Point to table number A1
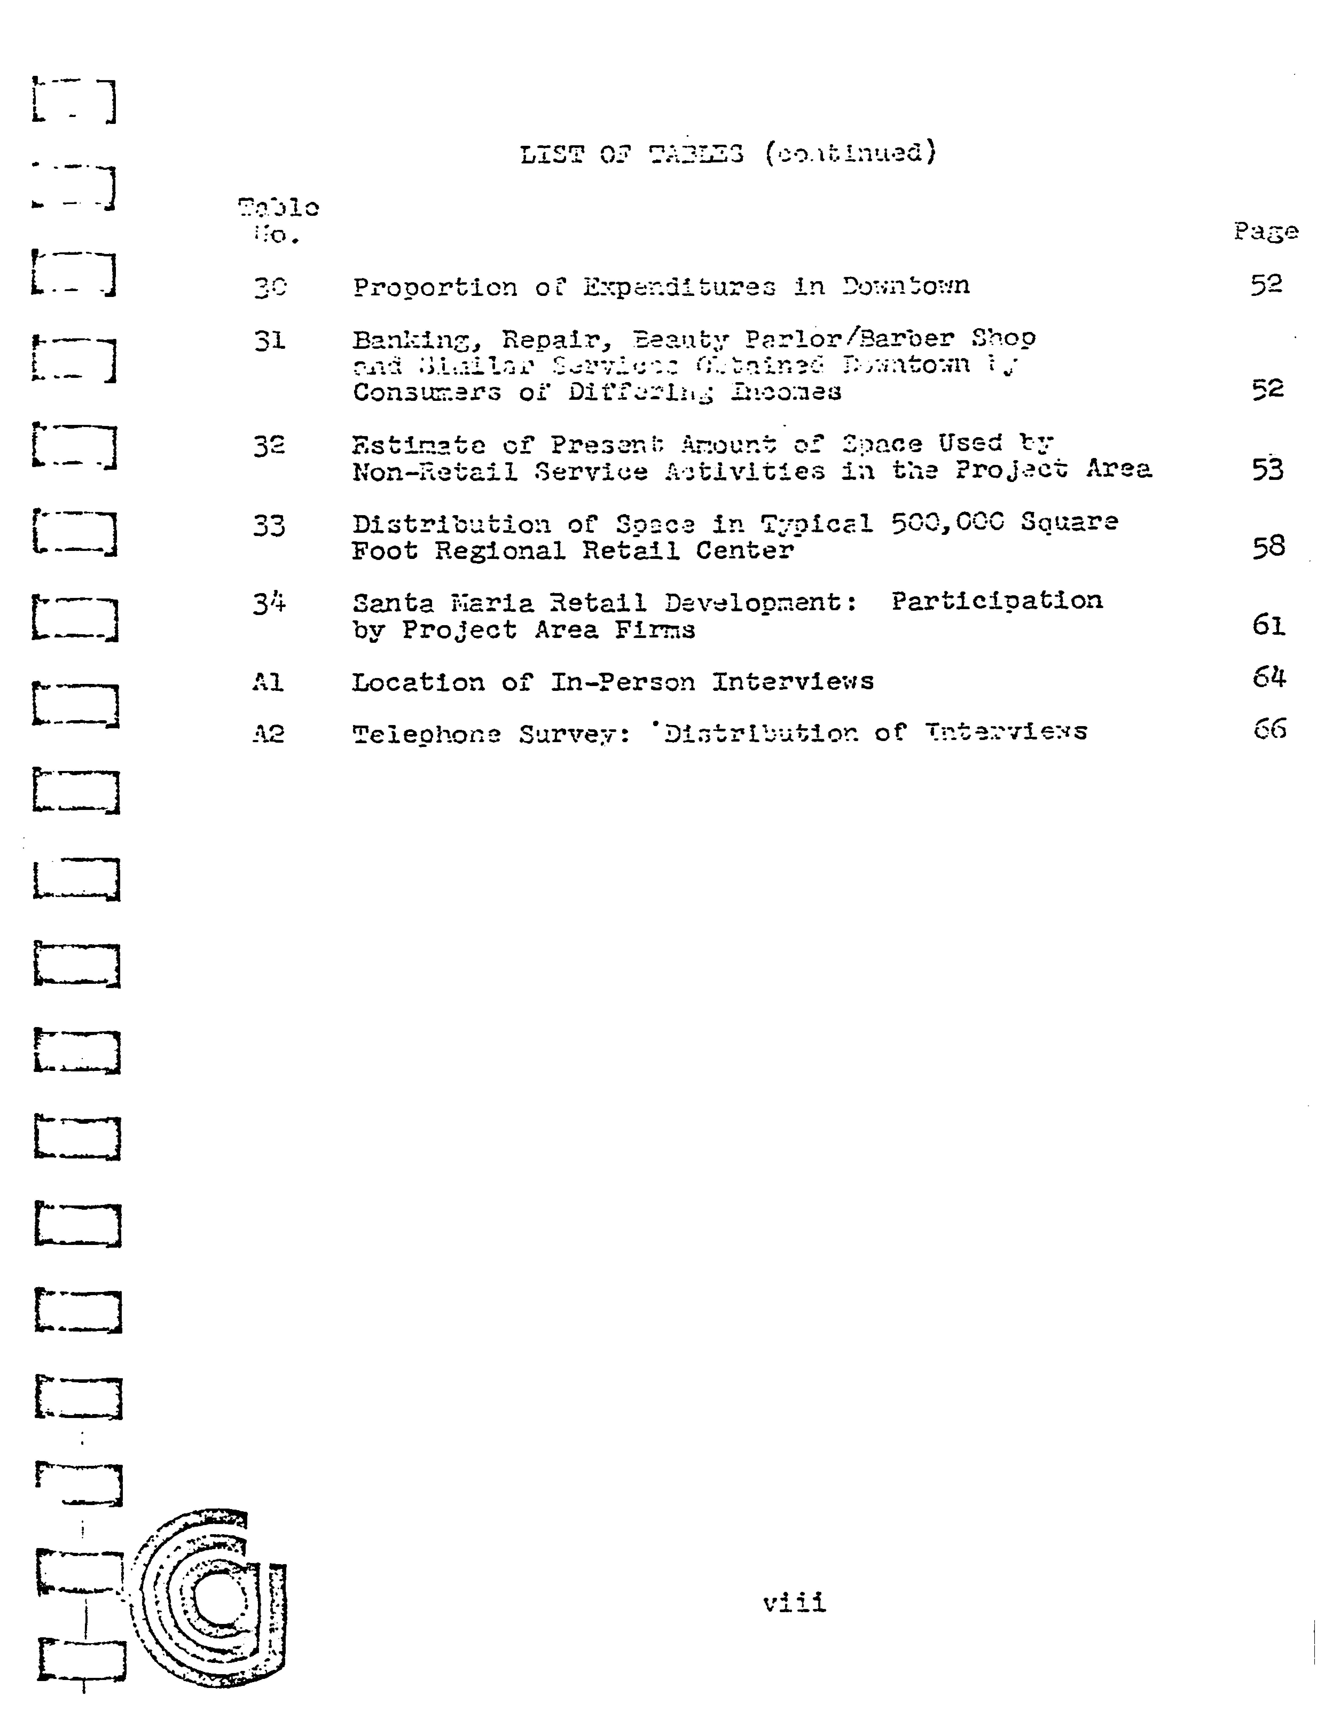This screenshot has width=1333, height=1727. tap(268, 682)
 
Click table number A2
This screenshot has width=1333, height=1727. tap(268, 734)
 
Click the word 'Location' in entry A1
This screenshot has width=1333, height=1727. tap(417, 682)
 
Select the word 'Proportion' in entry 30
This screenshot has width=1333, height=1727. tap(435, 287)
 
